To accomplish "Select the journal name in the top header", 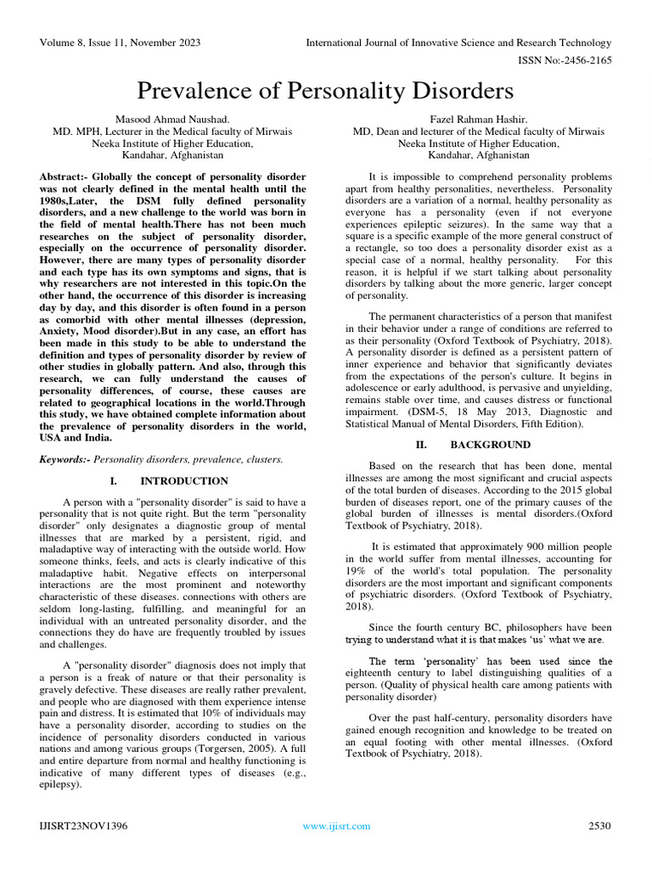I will pyautogui.click(x=458, y=42).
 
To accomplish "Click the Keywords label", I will pyautogui.click(x=65, y=459).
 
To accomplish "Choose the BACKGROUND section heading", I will pyautogui.click(x=490, y=445).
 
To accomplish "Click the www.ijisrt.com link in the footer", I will pyautogui.click(x=337, y=826).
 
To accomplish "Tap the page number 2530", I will pyautogui.click(x=599, y=826).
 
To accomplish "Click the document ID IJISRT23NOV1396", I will pyautogui.click(x=81, y=826).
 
